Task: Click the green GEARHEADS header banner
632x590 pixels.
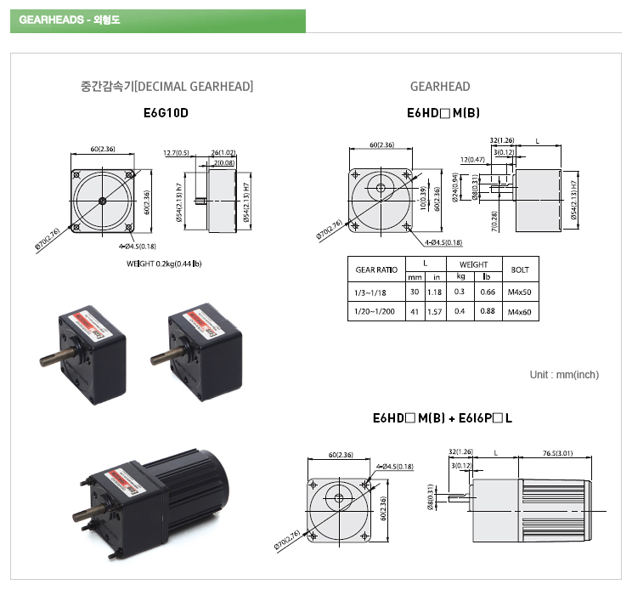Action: [x=157, y=20]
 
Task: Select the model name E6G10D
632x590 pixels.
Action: [x=166, y=111]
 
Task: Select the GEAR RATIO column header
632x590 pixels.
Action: [x=376, y=270]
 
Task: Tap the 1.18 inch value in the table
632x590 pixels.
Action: [x=433, y=292]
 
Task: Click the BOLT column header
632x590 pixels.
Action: [x=519, y=270]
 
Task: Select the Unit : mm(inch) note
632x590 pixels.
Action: [x=564, y=375]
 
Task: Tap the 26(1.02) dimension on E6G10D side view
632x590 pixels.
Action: [x=223, y=153]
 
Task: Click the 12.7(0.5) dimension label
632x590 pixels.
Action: [x=176, y=153]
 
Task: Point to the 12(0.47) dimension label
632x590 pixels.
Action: [x=473, y=159]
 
